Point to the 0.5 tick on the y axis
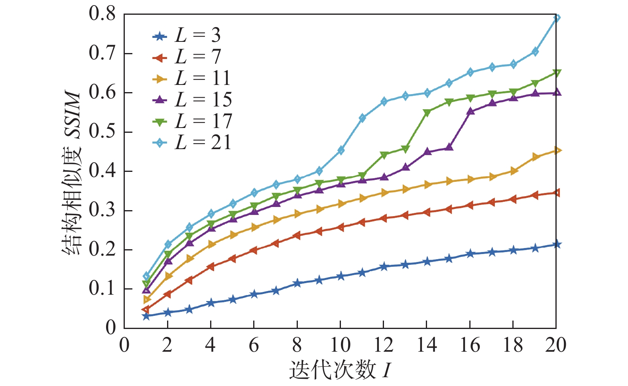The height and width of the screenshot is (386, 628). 102,132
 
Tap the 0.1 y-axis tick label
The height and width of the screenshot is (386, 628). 102,289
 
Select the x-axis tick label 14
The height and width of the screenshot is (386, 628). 427,345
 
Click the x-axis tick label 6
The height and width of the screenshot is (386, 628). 254,345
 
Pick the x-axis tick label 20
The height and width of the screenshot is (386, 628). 555,345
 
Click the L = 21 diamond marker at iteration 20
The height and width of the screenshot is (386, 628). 557,18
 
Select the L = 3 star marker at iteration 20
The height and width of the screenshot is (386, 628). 557,244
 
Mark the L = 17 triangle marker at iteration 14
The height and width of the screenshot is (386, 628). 427,113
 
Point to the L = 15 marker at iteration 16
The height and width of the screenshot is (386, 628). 471,111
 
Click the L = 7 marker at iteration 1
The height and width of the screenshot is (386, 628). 146,309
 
